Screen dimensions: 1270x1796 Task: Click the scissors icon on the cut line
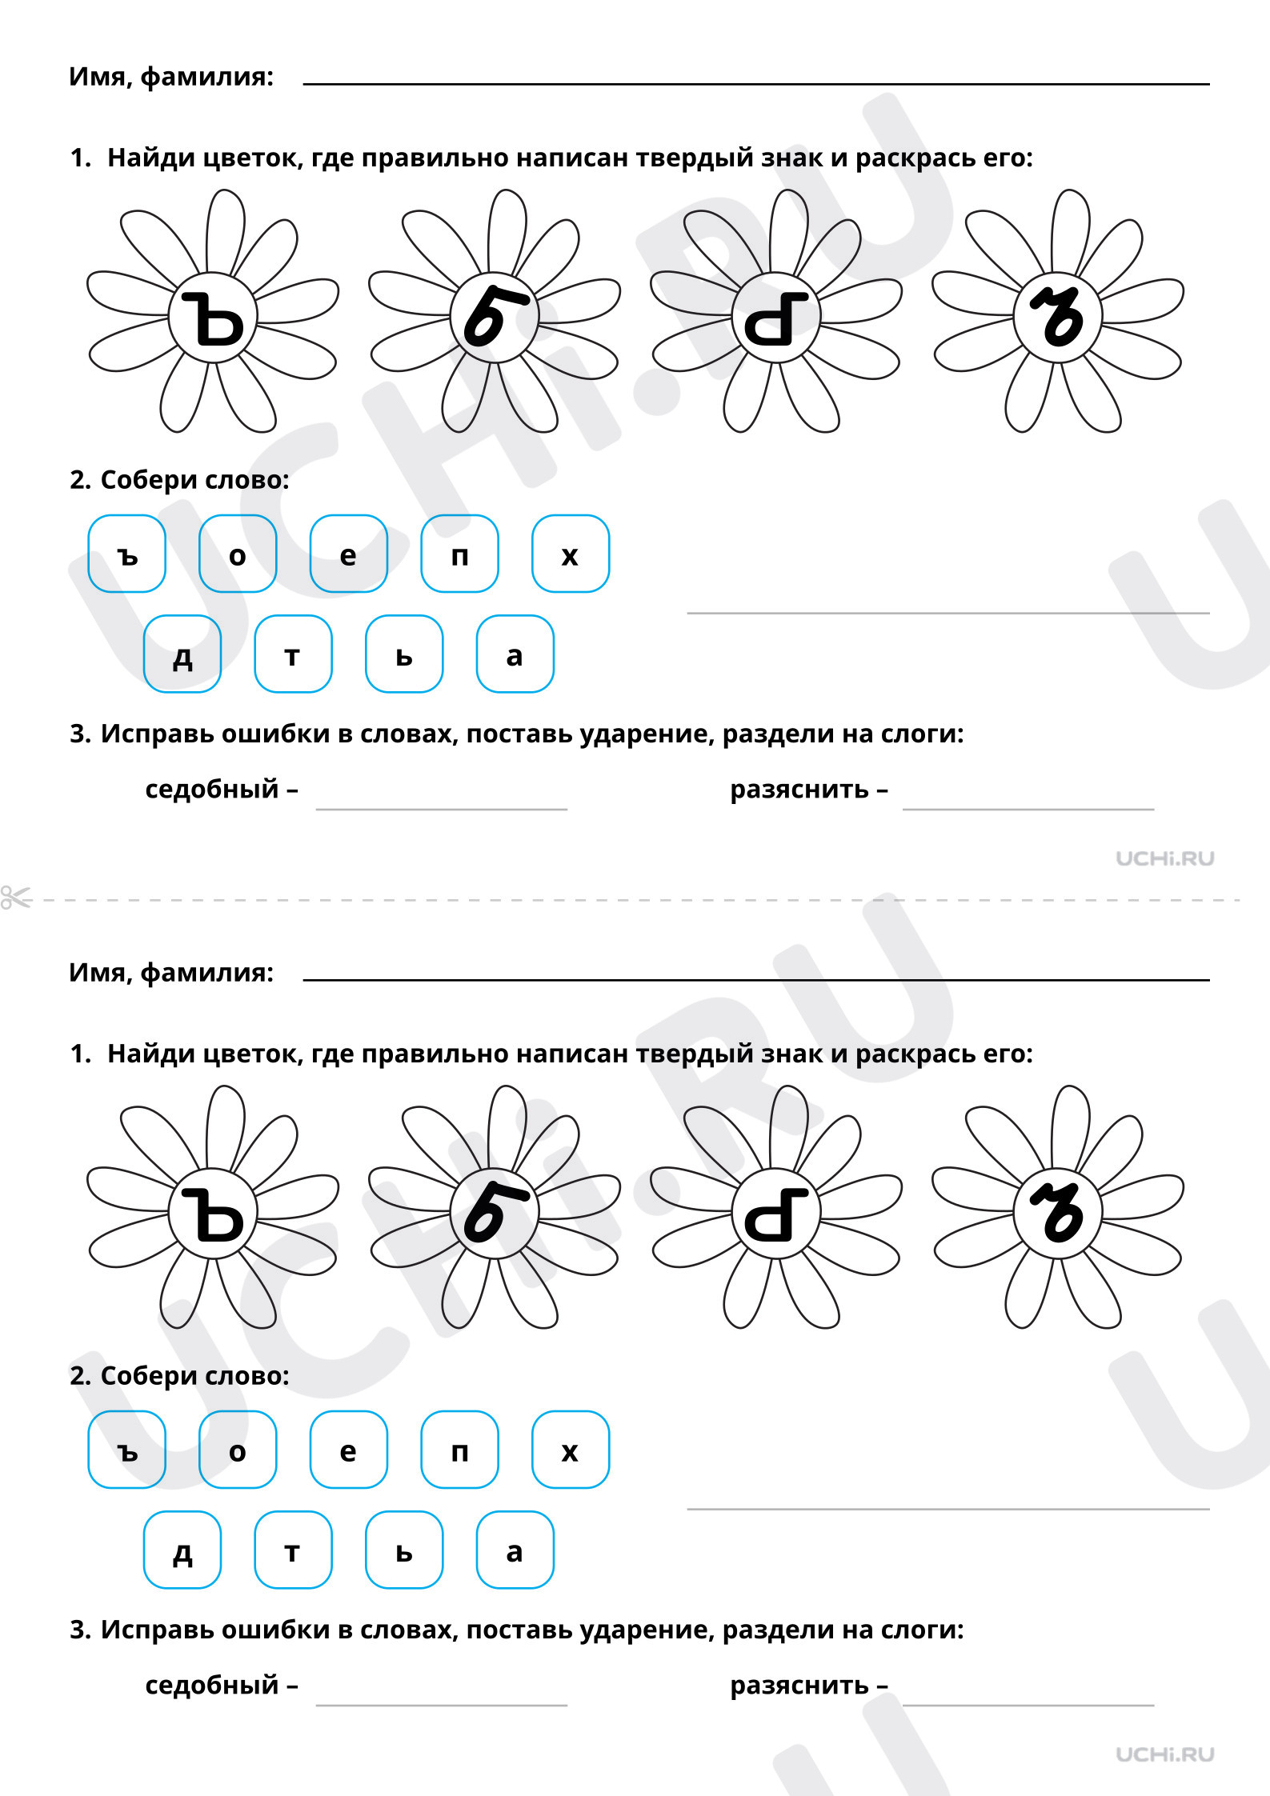[16, 898]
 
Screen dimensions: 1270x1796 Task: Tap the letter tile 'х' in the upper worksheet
[571, 554]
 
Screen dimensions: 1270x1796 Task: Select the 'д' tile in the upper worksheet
[182, 654]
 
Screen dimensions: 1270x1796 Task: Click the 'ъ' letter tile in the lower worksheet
[127, 1450]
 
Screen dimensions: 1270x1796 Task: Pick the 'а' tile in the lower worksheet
[515, 1550]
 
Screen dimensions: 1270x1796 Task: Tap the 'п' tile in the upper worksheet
[460, 554]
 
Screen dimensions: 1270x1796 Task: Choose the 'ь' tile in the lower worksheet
[404, 1550]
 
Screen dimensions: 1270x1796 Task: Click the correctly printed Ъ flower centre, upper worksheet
[213, 318]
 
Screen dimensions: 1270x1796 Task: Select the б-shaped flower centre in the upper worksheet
[495, 318]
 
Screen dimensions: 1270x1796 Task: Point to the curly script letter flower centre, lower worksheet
[1058, 1214]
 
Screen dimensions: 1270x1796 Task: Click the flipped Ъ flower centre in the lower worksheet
[776, 1214]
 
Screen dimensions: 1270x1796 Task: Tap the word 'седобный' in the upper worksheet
[212, 789]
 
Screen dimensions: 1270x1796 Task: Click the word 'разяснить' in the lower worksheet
[799, 1685]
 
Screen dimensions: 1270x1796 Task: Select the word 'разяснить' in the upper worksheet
[799, 789]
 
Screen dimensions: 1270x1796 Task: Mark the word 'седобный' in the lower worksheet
[212, 1685]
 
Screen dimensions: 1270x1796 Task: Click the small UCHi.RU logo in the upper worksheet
[1165, 858]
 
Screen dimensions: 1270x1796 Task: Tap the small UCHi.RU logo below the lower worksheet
[1165, 1754]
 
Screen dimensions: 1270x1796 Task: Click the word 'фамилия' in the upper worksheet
[207, 77]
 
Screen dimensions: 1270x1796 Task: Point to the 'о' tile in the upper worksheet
[238, 554]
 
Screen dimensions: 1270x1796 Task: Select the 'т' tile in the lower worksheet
[293, 1550]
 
